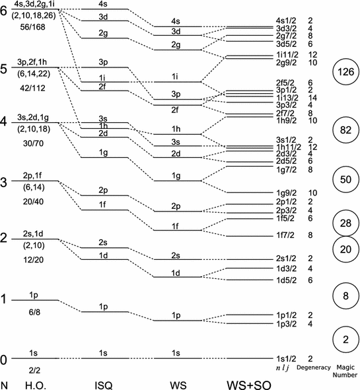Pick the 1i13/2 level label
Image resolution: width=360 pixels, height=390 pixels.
point(287,98)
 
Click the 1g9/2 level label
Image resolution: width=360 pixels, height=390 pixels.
point(286,193)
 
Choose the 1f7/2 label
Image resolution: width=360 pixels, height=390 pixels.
point(285,235)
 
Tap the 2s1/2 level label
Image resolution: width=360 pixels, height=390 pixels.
point(286,258)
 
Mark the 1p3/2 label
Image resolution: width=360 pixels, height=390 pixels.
point(286,324)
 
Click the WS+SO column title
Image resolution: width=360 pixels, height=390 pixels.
point(248,385)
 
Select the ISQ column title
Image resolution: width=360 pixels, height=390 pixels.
point(104,385)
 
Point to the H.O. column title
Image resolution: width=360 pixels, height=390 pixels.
point(36,385)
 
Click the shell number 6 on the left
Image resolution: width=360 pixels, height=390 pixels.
point(4,11)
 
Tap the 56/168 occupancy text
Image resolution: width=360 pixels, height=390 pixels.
point(33,27)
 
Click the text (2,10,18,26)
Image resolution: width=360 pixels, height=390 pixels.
point(34,16)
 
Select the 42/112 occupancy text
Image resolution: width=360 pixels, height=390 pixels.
point(33,88)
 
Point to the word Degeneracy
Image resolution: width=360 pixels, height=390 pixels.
point(314,368)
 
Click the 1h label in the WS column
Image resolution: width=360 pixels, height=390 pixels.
point(176,129)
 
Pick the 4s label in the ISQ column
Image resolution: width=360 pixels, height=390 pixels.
point(103,4)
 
